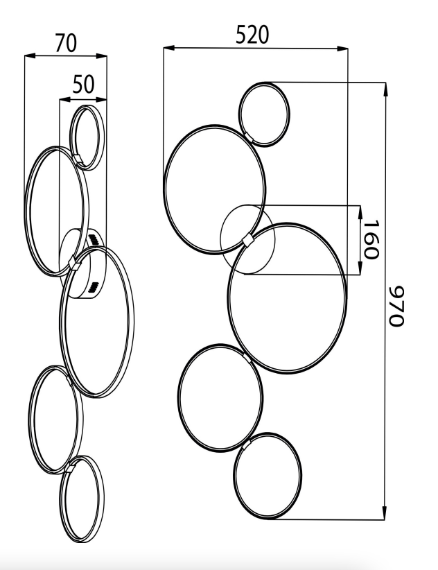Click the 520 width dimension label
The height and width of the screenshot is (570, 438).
click(252, 34)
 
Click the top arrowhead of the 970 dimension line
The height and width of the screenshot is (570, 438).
click(384, 87)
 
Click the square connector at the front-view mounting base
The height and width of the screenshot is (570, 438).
click(248, 239)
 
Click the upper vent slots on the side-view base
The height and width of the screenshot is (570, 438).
click(95, 240)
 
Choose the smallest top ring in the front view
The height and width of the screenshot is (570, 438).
click(263, 114)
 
